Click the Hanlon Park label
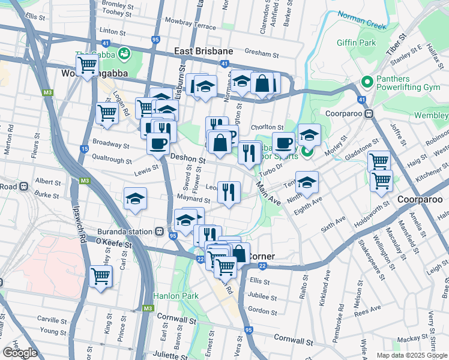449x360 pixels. (175, 296)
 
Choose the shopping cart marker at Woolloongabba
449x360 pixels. (87, 64)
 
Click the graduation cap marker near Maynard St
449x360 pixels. (136, 199)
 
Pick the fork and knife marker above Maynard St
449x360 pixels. (229, 192)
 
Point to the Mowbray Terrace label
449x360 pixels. (193, 26)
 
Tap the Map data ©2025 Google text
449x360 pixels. (412, 355)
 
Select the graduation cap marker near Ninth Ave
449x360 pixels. (306, 181)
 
